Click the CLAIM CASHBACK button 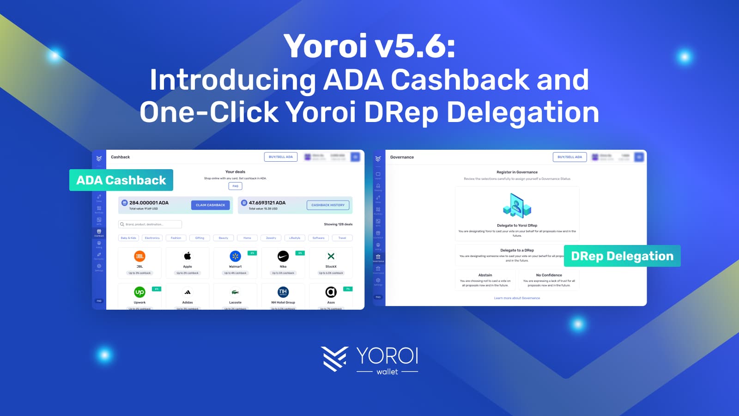(210, 205)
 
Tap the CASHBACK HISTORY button (328, 205)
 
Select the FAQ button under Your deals (235, 186)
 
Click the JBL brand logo (139, 256)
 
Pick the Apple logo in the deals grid (188, 256)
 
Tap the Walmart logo (235, 256)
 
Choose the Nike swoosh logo (283, 256)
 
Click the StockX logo (331, 256)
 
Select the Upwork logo (139, 292)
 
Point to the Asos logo (331, 292)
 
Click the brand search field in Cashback (150, 224)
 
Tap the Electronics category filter (152, 238)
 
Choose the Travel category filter (342, 238)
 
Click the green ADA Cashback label (121, 180)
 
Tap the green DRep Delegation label (622, 256)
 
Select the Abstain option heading (485, 275)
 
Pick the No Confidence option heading (549, 275)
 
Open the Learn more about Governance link (517, 298)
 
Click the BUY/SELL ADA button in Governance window (569, 157)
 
